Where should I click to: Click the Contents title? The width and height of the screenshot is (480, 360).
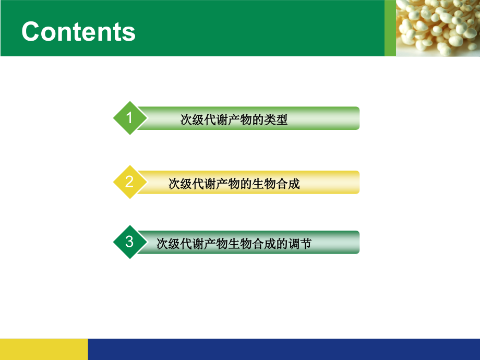pos(78,31)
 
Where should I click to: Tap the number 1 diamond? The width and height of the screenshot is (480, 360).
pos(130,118)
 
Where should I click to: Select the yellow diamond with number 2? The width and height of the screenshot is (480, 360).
pos(130,182)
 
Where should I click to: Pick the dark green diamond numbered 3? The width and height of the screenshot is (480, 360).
pos(130,242)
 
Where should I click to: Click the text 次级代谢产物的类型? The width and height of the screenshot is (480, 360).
pos(234,119)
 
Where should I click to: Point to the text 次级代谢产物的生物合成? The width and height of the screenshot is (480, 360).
pos(234,184)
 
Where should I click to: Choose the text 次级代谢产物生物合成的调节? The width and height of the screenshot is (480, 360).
pos(234,244)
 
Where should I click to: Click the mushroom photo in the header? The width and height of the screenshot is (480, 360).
pos(438,28)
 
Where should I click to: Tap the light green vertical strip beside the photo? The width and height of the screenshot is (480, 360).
pos(390,28)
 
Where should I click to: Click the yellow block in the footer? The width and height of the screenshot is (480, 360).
pos(44,349)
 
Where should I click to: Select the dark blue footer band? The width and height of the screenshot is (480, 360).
pos(284,349)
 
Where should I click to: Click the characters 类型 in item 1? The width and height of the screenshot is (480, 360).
pos(276,119)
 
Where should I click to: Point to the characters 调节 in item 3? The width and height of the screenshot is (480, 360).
pos(300,244)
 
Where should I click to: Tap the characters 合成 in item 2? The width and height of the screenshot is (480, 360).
pos(288,184)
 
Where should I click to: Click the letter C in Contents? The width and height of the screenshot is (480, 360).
pos(30,31)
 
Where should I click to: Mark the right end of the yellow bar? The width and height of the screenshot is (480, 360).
pos(359,182)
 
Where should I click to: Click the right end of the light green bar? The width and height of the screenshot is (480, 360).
pos(359,118)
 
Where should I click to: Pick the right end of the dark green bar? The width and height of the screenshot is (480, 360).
pos(359,242)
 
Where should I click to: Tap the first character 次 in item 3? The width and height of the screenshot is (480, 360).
pos(162,244)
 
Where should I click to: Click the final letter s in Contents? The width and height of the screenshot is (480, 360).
pos(129,34)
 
